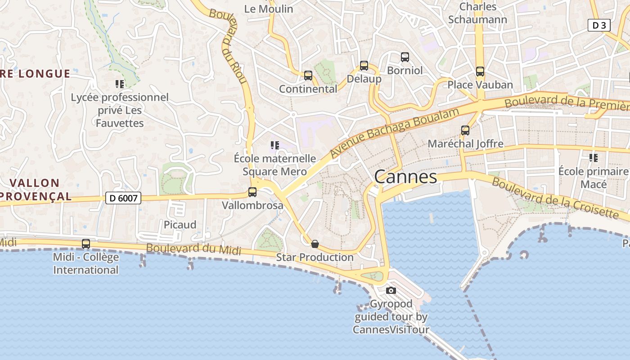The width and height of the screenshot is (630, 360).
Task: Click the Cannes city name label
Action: (405, 177)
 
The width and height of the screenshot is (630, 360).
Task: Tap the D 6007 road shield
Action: (123, 198)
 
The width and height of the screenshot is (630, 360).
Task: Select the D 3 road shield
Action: (599, 26)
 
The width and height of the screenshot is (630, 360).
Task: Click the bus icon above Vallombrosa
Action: (252, 192)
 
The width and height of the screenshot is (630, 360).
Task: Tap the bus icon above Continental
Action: (308, 76)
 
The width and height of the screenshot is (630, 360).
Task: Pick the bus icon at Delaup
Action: (364, 66)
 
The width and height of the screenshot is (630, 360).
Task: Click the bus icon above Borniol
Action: (405, 57)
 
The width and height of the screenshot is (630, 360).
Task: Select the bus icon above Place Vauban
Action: (480, 72)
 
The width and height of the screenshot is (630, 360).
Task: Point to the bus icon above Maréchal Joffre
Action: (465, 130)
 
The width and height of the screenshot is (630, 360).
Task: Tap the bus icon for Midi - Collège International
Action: (86, 244)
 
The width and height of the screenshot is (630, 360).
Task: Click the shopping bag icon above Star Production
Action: (315, 244)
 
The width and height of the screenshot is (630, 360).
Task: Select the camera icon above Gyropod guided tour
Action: (391, 291)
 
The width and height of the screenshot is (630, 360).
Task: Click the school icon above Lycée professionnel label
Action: (120, 84)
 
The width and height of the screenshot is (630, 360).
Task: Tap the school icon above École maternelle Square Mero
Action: (275, 145)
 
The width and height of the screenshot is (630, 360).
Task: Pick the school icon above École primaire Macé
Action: (594, 158)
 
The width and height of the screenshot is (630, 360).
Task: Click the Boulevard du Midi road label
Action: (193, 249)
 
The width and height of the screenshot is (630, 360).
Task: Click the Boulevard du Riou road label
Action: (234, 45)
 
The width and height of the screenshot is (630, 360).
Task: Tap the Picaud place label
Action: (180, 225)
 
